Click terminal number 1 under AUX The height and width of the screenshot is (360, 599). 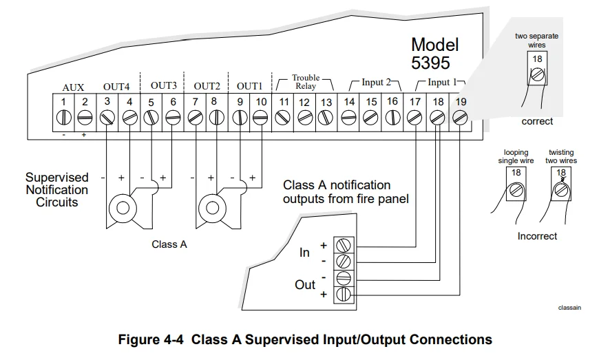tap(63, 103)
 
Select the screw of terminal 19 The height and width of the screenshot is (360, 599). tap(459, 118)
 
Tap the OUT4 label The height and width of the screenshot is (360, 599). tap(116, 87)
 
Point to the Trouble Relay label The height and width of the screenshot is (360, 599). tap(305, 82)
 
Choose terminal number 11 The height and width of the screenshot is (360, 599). tap(283, 103)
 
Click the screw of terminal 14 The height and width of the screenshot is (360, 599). tap(349, 118)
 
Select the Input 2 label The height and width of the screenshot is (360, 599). tap(372, 83)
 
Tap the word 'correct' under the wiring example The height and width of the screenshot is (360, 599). tap(536, 121)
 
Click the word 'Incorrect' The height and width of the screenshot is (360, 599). tap(537, 236)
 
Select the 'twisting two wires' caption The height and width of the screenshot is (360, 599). tap(562, 157)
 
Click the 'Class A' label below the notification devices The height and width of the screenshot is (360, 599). tap(169, 244)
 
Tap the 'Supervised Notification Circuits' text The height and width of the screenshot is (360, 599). tap(57, 190)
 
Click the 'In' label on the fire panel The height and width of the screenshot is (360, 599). tap(304, 253)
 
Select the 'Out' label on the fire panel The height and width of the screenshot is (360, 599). tap(304, 284)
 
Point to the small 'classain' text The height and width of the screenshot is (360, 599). tap(569, 308)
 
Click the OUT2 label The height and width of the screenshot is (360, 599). tap(206, 87)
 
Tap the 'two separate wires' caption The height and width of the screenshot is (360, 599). tap(536, 41)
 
